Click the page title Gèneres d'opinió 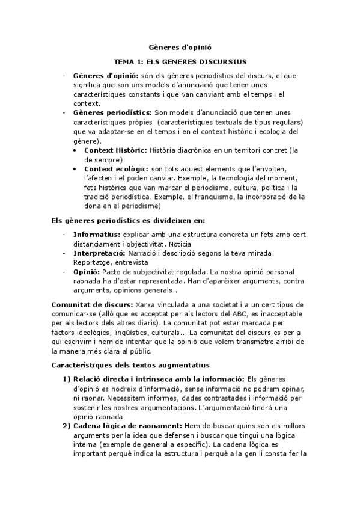point(180,46)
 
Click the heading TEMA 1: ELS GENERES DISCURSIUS point(180,62)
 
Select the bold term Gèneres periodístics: point(112,112)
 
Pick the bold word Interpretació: point(100,254)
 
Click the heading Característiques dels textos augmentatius point(130,365)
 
